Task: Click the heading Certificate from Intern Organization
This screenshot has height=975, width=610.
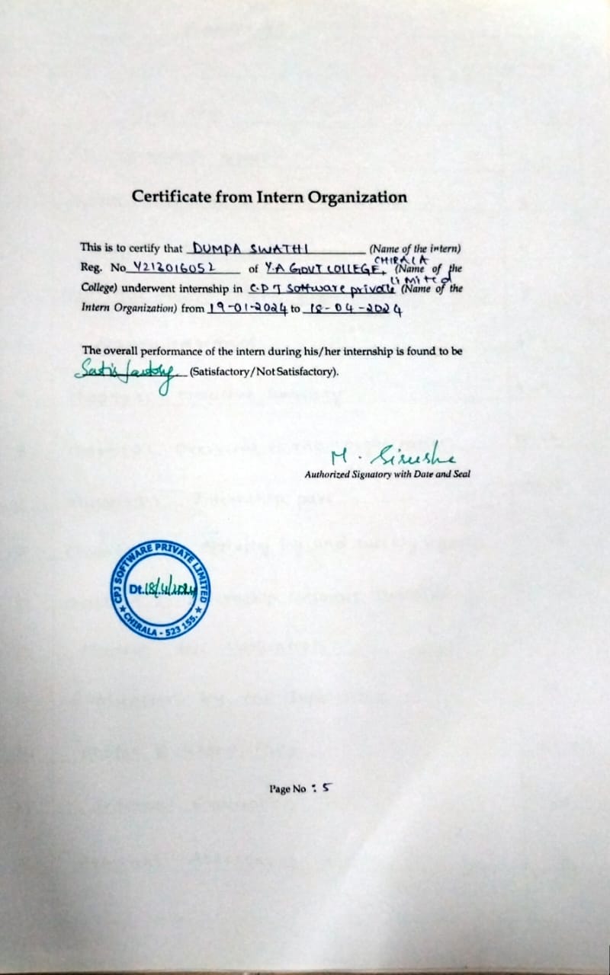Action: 269,197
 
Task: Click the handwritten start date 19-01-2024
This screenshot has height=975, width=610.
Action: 247,308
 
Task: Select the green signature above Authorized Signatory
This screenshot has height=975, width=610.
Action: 392,456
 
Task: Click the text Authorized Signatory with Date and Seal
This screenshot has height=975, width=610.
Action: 387,474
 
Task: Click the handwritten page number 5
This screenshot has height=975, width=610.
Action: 326,788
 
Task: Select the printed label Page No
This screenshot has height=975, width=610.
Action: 287,789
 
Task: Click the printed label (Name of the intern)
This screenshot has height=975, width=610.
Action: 415,248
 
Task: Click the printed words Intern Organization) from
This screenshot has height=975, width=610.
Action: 143,308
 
